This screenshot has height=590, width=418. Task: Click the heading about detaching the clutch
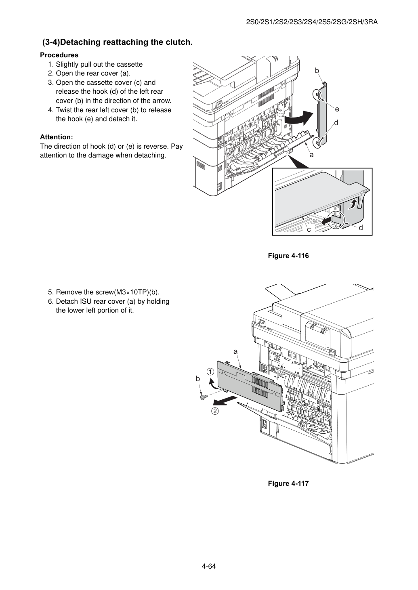pyautogui.click(x=118, y=42)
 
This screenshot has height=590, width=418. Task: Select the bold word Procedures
pyautogui.click(x=59, y=55)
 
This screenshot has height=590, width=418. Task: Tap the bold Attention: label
pyautogui.click(x=57, y=137)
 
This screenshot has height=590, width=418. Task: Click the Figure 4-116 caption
pyautogui.click(x=288, y=256)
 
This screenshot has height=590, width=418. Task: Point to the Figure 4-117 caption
pyautogui.click(x=288, y=483)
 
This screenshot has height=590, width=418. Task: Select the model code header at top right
pyautogui.click(x=312, y=22)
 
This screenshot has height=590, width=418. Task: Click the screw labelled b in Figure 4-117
pyautogui.click(x=203, y=397)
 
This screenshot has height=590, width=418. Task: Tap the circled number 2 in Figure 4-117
pyautogui.click(x=215, y=411)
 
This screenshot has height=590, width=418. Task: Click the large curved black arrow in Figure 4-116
pyautogui.click(x=300, y=119)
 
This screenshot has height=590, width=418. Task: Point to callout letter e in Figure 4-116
pyautogui.click(x=337, y=109)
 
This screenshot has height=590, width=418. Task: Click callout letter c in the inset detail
pyautogui.click(x=309, y=229)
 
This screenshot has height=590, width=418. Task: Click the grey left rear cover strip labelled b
pyautogui.click(x=321, y=113)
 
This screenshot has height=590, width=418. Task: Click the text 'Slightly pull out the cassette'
pyautogui.click(x=99, y=65)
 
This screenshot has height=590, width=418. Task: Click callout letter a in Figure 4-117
pyautogui.click(x=235, y=351)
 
